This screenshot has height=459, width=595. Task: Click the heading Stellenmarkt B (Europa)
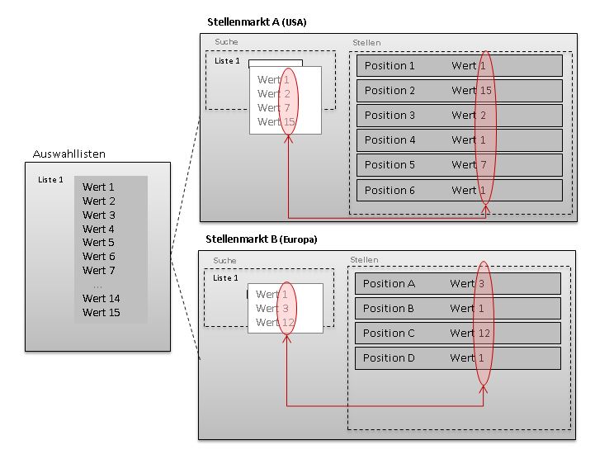[261, 239]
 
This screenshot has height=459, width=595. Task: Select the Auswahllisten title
[69, 154]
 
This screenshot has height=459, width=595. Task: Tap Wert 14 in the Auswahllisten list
[101, 299]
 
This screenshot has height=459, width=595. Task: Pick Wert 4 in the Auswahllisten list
[98, 229]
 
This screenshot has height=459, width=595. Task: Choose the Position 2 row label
[390, 91]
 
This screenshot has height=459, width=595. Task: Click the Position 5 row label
[390, 165]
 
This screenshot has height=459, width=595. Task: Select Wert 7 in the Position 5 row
[469, 165]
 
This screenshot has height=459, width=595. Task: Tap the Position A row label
[389, 284]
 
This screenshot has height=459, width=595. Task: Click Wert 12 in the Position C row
[470, 334]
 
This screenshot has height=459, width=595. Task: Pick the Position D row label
[389, 358]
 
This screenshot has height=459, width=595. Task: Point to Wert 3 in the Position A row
[467, 284]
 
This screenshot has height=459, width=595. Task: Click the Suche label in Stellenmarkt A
[226, 41]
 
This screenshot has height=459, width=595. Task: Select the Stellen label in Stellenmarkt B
[364, 260]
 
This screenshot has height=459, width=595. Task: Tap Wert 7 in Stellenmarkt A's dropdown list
[273, 108]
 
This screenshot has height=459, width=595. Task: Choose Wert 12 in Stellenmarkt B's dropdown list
[275, 323]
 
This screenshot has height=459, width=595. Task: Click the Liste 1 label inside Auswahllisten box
[50, 179]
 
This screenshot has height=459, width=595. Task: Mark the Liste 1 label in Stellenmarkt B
[225, 278]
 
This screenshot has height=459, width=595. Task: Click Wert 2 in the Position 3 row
[469, 116]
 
